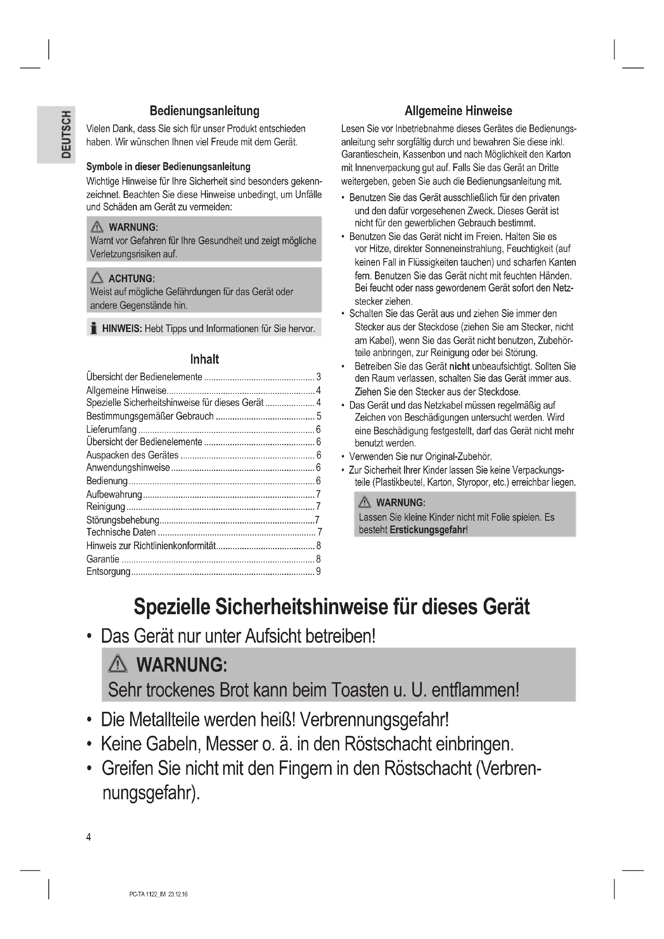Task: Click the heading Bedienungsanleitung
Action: coord(204,111)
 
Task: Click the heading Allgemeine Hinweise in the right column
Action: coord(458,111)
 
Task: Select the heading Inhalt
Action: coord(204,359)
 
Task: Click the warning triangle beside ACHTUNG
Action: coord(97,278)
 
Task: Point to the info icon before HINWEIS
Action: coord(94,328)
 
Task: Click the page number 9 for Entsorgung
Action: coord(318,571)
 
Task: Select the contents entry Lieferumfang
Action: coord(111,430)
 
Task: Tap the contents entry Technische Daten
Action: coord(121,532)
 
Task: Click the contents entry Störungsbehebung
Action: coord(123,520)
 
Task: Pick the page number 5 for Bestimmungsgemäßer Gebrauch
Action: coord(318,416)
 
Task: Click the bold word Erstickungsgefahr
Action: coord(428,530)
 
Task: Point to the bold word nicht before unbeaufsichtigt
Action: coord(459,366)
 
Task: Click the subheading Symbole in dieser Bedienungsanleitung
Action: coord(168,167)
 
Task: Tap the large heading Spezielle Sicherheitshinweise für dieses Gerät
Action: coord(332,607)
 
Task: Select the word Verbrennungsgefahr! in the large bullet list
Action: coord(374,719)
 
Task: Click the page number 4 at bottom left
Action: coord(89,837)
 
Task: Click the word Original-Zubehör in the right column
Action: coord(458,456)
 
